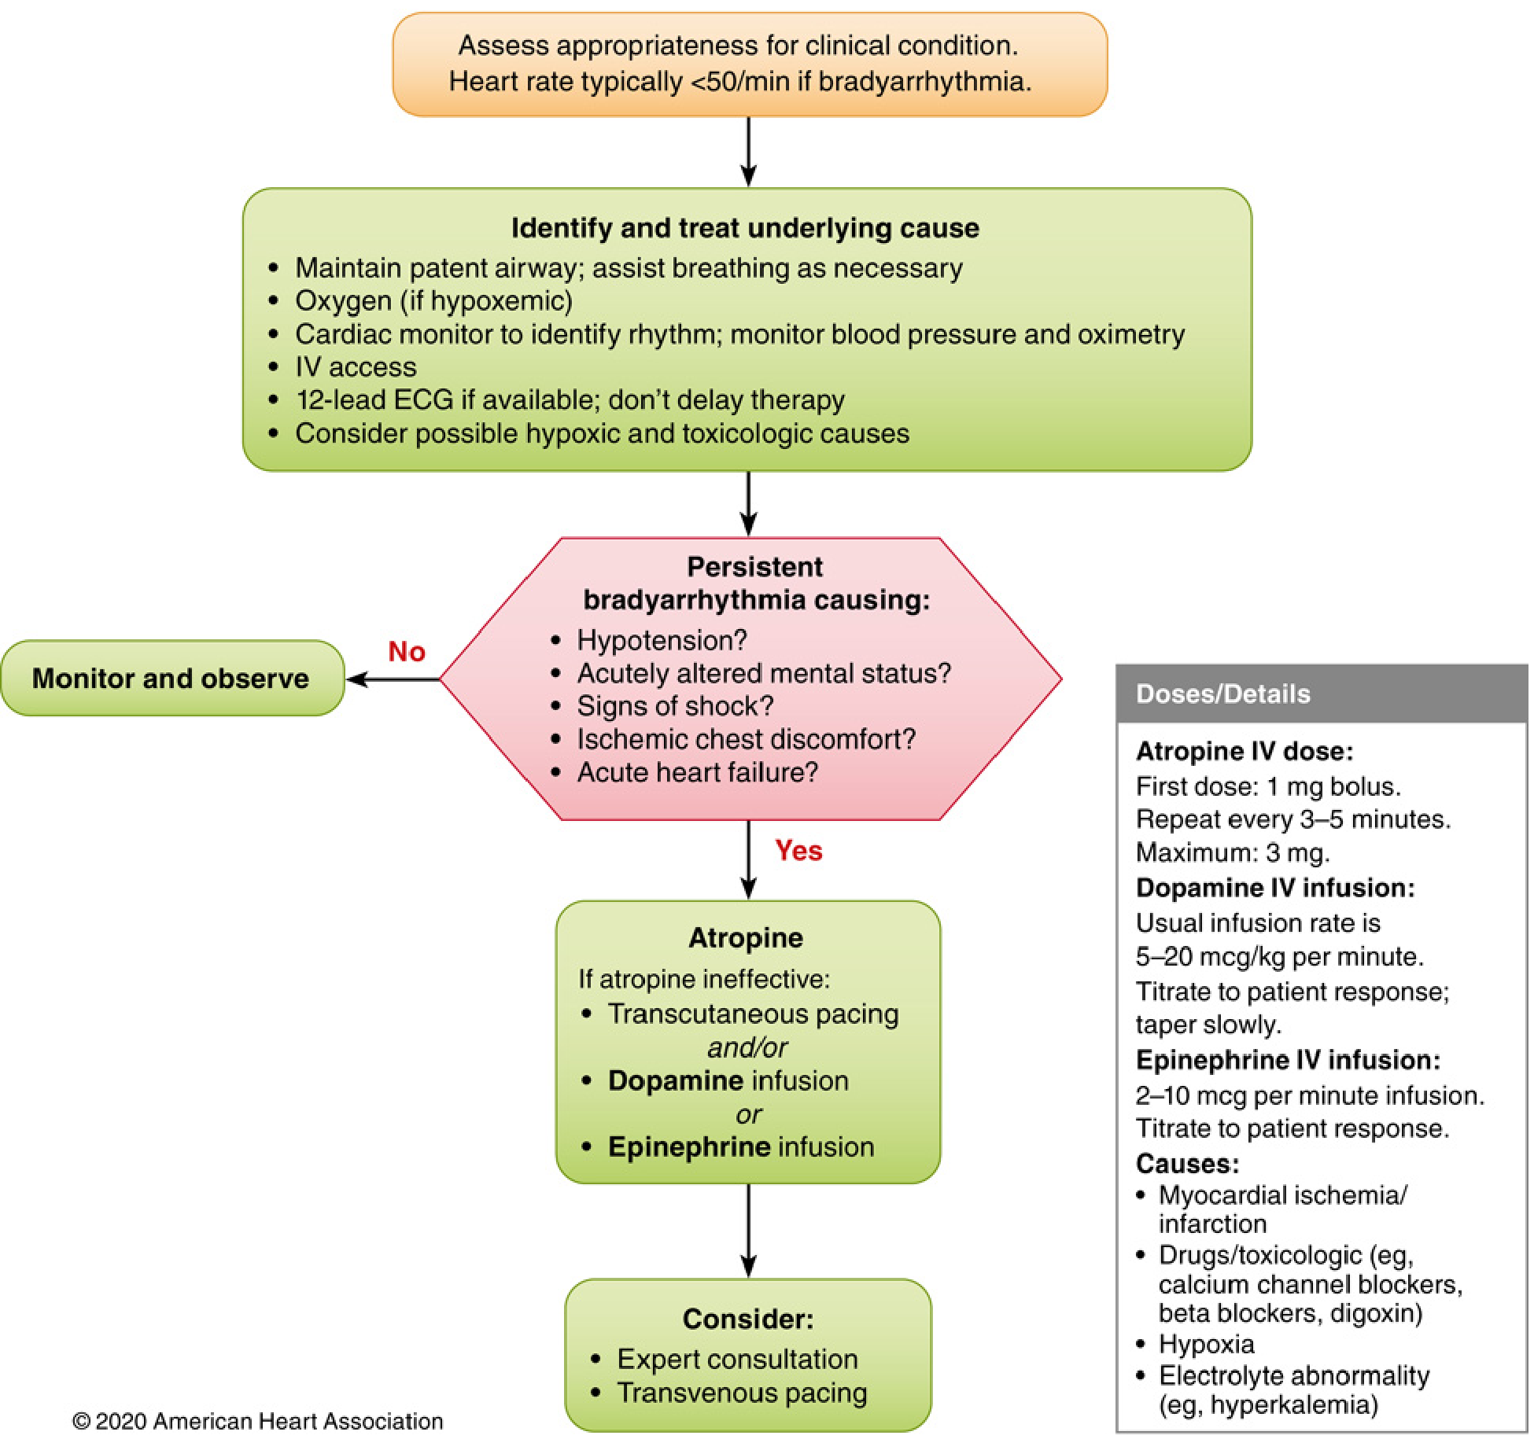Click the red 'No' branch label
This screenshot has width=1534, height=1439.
406,651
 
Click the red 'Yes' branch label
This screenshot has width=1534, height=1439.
798,850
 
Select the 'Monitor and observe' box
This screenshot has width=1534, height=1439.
171,678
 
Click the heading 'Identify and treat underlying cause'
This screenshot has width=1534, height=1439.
744,228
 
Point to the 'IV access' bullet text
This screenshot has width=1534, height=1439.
356,367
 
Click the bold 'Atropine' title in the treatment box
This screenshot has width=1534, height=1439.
746,937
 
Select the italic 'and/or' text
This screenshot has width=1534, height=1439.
747,1047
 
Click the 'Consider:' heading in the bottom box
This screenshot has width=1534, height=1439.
747,1319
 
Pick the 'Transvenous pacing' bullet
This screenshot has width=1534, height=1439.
741,1393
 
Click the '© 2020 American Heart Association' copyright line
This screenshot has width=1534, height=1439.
257,1421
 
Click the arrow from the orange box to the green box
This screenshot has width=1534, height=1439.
748,152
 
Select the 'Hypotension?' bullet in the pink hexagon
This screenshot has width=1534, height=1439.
661,640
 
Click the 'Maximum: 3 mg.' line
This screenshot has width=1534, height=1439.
1232,852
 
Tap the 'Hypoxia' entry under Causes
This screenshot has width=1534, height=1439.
1206,1344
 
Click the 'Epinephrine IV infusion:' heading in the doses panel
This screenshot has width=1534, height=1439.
1287,1060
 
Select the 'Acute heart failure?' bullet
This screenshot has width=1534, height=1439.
697,772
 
